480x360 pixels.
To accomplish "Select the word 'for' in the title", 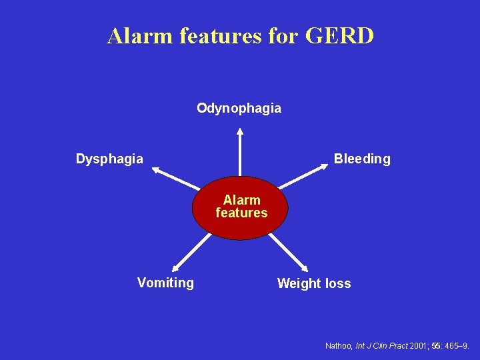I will click(x=283, y=36).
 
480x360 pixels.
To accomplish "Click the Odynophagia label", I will click(x=239, y=108).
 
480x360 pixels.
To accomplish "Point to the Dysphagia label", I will click(x=109, y=159).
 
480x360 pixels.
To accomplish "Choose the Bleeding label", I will click(x=362, y=159).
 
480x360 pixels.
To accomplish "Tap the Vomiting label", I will click(x=165, y=283).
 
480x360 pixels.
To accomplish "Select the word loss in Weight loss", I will click(x=338, y=283).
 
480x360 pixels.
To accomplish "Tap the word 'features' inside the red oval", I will click(x=241, y=213).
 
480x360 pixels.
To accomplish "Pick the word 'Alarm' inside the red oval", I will click(x=241, y=200).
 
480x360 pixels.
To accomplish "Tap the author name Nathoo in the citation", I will click(x=339, y=346).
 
